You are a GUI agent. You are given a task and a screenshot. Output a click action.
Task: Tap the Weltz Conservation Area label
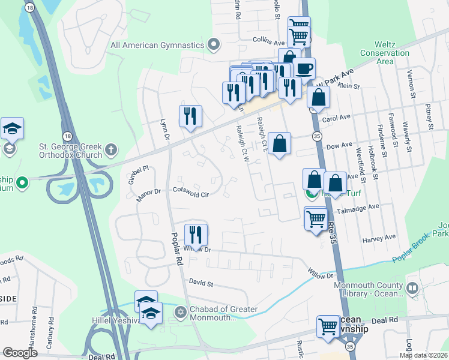coord(384,53)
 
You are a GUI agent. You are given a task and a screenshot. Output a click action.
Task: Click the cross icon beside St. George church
coord(110,149)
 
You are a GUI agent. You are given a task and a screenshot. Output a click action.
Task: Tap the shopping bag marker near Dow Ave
coord(280,144)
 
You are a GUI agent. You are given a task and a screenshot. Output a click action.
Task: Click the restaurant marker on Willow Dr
coord(196,235)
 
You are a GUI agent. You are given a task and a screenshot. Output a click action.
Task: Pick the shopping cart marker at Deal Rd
coord(328,328)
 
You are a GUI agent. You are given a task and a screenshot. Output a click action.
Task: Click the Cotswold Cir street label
coord(191,194)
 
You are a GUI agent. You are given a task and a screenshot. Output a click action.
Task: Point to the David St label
coord(201,281)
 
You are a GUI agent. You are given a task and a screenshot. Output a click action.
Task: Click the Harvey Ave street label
coord(379,238)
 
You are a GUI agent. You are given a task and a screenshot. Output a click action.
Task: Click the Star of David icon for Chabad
coord(179,313)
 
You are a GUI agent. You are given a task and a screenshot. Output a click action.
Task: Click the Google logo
coord(20,353)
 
